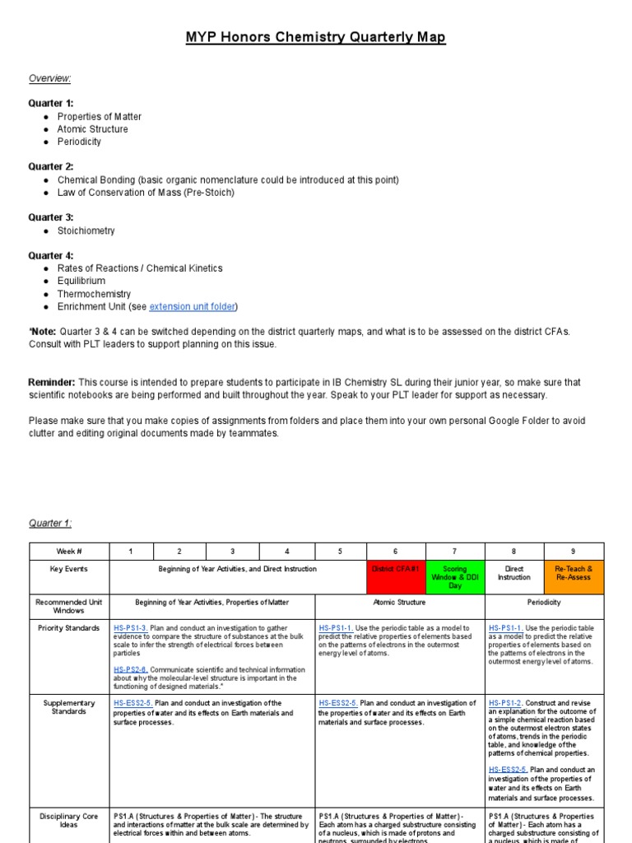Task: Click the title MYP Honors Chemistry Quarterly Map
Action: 316,38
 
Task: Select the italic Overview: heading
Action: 50,78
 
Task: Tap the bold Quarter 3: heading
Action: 51,217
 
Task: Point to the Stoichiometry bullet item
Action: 86,231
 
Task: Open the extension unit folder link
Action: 193,307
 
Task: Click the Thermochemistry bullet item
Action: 94,294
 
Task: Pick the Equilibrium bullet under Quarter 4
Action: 81,281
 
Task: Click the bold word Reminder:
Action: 52,383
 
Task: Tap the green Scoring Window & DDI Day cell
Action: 454,577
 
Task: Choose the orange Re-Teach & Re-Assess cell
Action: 574,573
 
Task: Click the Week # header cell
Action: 69,551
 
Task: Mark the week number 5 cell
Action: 340,551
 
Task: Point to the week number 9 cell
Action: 574,551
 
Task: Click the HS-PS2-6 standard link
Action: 131,670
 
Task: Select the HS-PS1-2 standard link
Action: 506,703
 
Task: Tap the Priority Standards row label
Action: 69,628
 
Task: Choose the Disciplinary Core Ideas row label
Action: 69,821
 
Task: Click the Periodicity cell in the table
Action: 544,603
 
